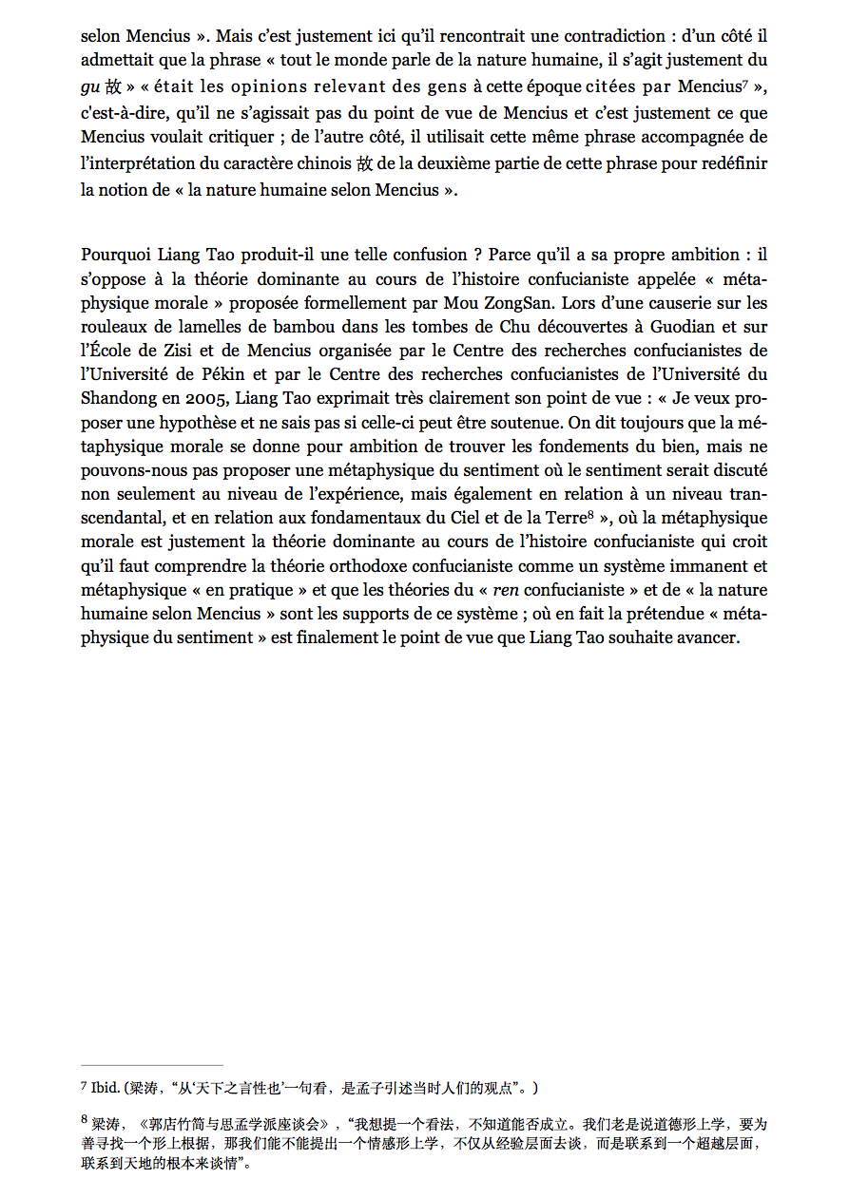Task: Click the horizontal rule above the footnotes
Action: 152,1066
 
